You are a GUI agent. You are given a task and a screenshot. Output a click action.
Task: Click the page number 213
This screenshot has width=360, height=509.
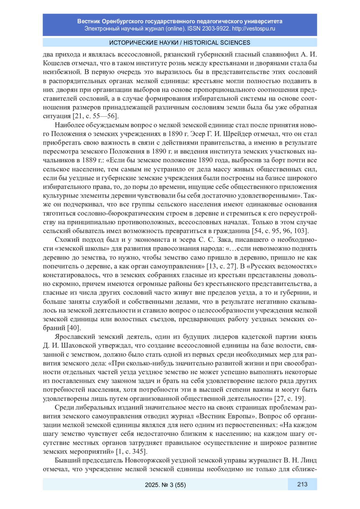[302, 484]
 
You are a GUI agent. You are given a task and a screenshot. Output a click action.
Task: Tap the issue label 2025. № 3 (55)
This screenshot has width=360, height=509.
[165, 485]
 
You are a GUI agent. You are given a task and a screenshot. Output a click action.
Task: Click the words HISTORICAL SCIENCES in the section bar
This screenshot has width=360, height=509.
[217, 43]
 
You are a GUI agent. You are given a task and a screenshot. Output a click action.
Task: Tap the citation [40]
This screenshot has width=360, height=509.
[74, 328]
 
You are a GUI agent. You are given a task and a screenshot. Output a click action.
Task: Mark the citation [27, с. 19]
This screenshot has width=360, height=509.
[290, 399]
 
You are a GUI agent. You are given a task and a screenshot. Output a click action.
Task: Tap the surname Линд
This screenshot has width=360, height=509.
[309, 460]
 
